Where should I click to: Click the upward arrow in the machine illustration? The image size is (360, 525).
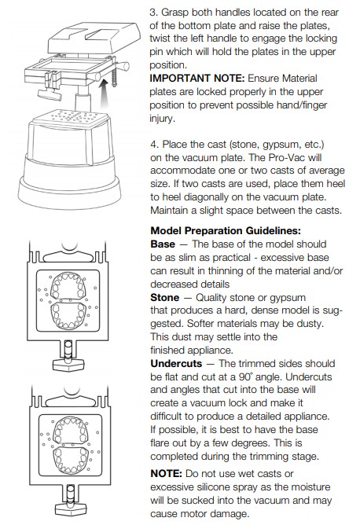(105, 93)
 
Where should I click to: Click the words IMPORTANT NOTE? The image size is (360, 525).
(197, 79)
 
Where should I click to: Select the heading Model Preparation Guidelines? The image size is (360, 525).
(226, 231)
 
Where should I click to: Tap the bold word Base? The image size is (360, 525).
(163, 244)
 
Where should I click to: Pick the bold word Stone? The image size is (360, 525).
(165, 298)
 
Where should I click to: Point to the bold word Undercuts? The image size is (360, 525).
(176, 364)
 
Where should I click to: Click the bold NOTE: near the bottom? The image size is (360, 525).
(166, 474)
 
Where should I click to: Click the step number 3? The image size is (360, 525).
(153, 13)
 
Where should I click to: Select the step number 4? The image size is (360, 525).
(154, 145)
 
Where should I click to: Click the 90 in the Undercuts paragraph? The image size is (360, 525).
(244, 377)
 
